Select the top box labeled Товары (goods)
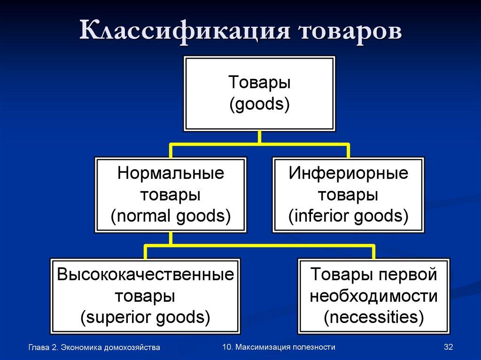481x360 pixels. pos(259,93)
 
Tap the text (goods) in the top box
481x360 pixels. pos(259,104)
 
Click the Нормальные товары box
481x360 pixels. pos(171,195)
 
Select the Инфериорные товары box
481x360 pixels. pos(348,195)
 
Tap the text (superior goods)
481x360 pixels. pos(145,317)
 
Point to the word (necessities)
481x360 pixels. pos(373,317)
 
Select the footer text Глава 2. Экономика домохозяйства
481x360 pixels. pos(94,347)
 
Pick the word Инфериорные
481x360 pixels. pos(348,174)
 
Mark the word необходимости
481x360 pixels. pos(373,296)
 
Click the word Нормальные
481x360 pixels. pos(171,174)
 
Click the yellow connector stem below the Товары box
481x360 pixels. pos(259,137)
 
